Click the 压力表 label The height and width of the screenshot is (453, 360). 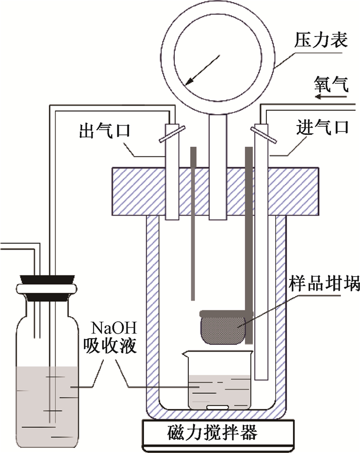click(x=321, y=40)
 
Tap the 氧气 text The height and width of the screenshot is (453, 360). click(x=331, y=84)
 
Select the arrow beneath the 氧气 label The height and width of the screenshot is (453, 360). click(x=331, y=96)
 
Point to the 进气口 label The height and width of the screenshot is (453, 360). click(x=322, y=128)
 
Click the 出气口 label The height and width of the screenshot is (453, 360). click(x=105, y=131)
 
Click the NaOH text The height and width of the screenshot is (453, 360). click(x=114, y=328)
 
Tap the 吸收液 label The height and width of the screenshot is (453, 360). click(x=110, y=345)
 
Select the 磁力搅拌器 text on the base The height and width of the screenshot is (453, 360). click(x=212, y=433)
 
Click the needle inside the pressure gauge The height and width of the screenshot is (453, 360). click(x=203, y=70)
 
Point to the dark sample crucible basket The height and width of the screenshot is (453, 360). click(x=223, y=330)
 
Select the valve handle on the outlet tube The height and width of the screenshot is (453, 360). click(x=172, y=134)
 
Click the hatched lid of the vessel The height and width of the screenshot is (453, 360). click(x=215, y=191)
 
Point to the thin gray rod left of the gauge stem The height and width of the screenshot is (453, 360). click(x=193, y=223)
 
